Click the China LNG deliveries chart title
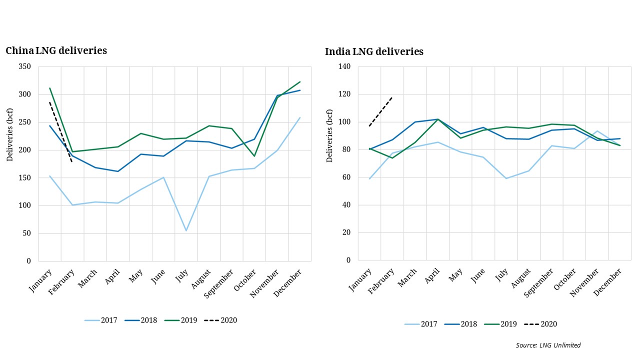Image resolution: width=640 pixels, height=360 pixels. pyautogui.click(x=56, y=50)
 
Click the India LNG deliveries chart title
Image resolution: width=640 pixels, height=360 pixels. pyautogui.click(x=374, y=51)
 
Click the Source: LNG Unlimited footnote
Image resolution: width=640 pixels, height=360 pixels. pyautogui.click(x=548, y=345)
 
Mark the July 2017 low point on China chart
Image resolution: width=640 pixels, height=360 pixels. pyautogui.click(x=186, y=230)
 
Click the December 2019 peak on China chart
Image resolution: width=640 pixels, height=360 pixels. pyautogui.click(x=300, y=81)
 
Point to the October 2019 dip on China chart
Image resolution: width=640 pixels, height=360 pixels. pyautogui.click(x=254, y=156)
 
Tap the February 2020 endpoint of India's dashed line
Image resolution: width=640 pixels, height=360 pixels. pyautogui.click(x=392, y=97)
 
